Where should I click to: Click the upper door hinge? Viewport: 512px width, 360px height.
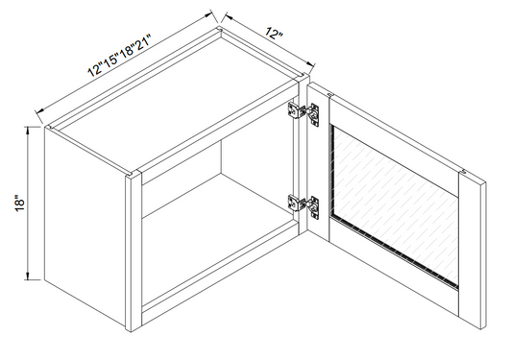pyautogui.click(x=306, y=111)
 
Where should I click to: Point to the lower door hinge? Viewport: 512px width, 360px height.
pyautogui.click(x=306, y=204)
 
